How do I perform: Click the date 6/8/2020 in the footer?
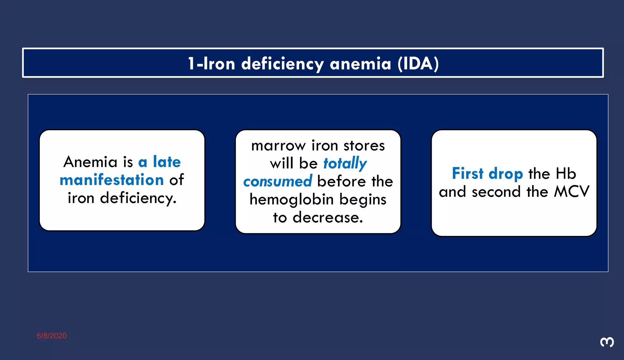point(52,336)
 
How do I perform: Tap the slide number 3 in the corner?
point(607,342)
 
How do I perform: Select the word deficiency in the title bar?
point(282,64)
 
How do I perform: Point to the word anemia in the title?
point(360,64)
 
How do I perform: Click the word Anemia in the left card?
point(90,162)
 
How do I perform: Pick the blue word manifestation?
point(112,180)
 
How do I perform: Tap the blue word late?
point(167,162)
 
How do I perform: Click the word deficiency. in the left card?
point(138,198)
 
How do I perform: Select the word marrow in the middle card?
point(278,146)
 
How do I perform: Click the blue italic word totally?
point(345,163)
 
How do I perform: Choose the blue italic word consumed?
point(278,181)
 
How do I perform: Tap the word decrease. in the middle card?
point(328,217)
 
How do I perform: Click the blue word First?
point(468,173)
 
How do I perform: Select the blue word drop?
point(506,174)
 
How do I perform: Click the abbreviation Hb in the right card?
point(566,173)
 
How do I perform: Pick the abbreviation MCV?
point(572,192)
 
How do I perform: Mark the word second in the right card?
point(496,192)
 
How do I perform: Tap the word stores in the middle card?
point(364,146)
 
